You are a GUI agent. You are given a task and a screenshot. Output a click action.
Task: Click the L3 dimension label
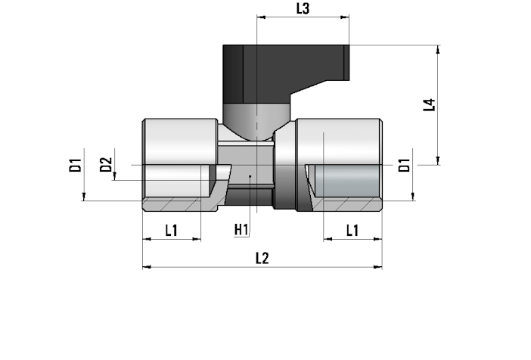(x=303, y=9)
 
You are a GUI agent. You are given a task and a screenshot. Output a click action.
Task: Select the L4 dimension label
(x=429, y=105)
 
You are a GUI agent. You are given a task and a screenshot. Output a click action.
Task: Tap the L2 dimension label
(x=262, y=259)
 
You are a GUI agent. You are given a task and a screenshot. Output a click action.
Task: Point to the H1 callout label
(x=241, y=230)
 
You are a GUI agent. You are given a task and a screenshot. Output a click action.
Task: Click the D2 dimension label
(x=106, y=165)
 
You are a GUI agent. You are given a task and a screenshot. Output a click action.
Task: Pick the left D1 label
(x=75, y=165)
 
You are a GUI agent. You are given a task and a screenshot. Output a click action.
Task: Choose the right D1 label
(x=404, y=165)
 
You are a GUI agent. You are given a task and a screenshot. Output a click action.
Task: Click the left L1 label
(x=172, y=231)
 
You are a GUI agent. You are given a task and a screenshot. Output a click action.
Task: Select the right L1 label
(x=352, y=231)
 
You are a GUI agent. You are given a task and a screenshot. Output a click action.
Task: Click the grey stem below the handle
(x=256, y=121)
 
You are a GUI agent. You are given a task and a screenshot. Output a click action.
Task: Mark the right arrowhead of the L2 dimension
(x=378, y=267)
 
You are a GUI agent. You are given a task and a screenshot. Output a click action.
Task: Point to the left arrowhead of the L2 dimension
(x=147, y=267)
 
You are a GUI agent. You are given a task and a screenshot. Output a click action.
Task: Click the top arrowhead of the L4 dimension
(x=438, y=49)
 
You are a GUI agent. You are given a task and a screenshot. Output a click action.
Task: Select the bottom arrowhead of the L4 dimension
(x=438, y=160)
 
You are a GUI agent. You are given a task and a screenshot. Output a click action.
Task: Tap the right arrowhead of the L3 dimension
(x=345, y=17)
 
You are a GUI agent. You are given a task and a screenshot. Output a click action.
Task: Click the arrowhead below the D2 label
(x=114, y=175)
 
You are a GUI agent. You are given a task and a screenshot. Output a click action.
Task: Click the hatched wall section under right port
(x=349, y=205)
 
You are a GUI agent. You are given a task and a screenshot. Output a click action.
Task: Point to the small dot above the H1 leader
(x=250, y=176)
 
